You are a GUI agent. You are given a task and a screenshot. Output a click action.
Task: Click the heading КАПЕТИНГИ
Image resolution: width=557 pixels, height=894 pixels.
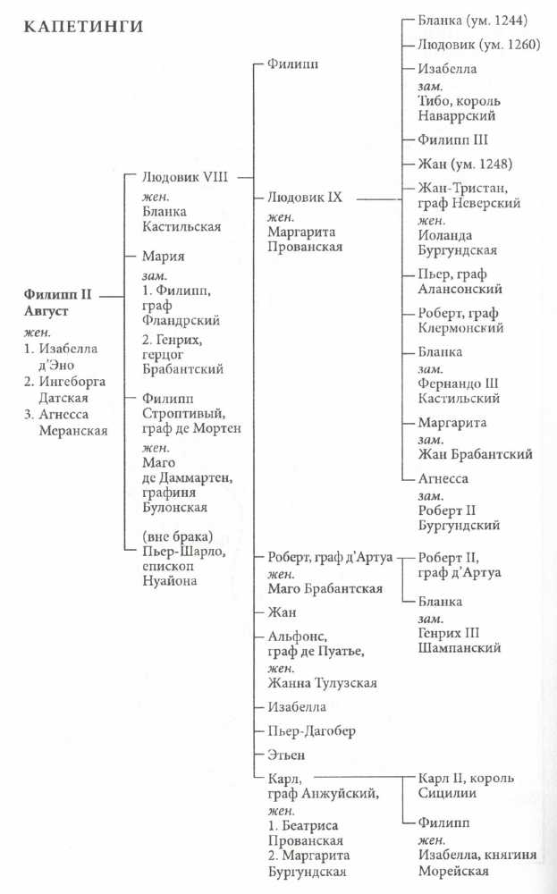pyautogui.click(x=78, y=28)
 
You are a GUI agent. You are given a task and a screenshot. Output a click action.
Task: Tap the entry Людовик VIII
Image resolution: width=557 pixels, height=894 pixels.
pyautogui.click(x=186, y=177)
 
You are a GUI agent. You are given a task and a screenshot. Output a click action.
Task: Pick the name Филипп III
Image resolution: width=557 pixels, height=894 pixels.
pyautogui.click(x=452, y=140)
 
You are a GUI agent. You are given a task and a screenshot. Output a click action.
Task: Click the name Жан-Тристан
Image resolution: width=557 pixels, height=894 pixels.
pyautogui.click(x=460, y=188)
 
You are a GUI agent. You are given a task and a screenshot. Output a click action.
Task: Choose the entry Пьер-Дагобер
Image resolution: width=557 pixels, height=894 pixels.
pyautogui.click(x=311, y=731)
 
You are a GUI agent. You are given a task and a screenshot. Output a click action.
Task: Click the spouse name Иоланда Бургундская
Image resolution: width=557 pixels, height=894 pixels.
pyautogui.click(x=457, y=243)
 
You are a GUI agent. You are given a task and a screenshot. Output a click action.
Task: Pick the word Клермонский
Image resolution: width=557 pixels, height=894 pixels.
pyautogui.click(x=461, y=328)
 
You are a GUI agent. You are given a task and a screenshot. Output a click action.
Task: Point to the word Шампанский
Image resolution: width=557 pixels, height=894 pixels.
pyautogui.click(x=459, y=648)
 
